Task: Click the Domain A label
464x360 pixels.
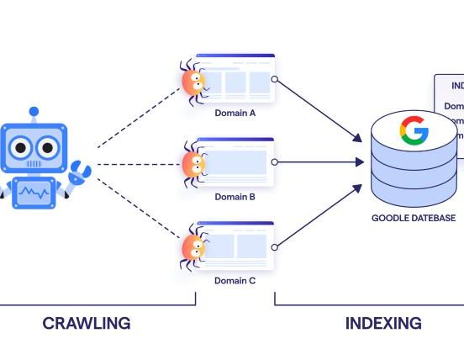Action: (235, 112)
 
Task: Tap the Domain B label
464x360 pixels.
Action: (235, 197)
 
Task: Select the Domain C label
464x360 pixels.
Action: (235, 280)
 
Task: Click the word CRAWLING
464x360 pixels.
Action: (87, 323)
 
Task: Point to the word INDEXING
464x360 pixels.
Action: (383, 323)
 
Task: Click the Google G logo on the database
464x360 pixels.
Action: (414, 131)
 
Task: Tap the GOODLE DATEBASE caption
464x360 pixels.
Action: (414, 218)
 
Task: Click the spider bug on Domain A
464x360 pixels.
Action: (193, 81)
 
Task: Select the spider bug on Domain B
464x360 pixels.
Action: (193, 162)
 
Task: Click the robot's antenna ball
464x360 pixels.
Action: (34, 110)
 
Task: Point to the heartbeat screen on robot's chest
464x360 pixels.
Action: (34, 194)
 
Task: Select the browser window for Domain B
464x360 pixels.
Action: (236, 161)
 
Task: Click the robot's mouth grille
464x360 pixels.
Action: (34, 167)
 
